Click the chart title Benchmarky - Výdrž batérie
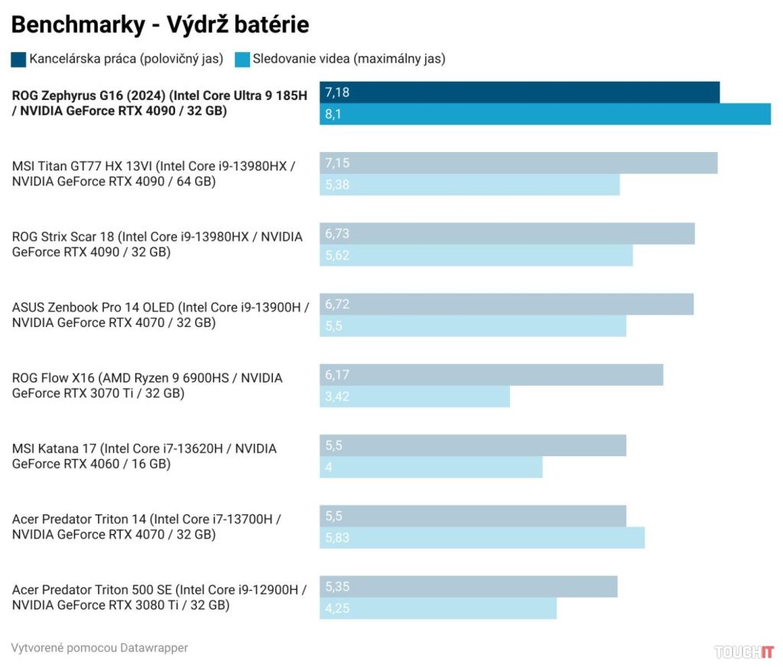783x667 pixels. coord(160,24)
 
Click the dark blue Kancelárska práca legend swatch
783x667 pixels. coord(18,59)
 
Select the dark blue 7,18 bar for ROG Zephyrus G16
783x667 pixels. coord(519,92)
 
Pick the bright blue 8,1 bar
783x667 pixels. coord(545,115)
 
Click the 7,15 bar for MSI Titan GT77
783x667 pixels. coord(518,163)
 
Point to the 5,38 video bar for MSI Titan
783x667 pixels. coord(469,185)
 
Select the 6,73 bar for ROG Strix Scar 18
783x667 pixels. coord(507,234)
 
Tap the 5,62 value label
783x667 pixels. coord(337,255)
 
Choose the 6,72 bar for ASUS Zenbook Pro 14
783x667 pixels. coord(506,304)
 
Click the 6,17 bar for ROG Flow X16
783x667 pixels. coord(491,374)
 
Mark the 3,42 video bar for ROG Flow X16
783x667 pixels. coord(414,397)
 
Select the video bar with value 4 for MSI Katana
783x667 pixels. coord(430,467)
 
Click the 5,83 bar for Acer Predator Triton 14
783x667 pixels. coord(482,538)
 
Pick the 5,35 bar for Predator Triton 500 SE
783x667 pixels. coord(468,587)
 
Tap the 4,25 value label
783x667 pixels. coord(337,609)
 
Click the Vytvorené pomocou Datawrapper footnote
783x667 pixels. coord(99,648)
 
